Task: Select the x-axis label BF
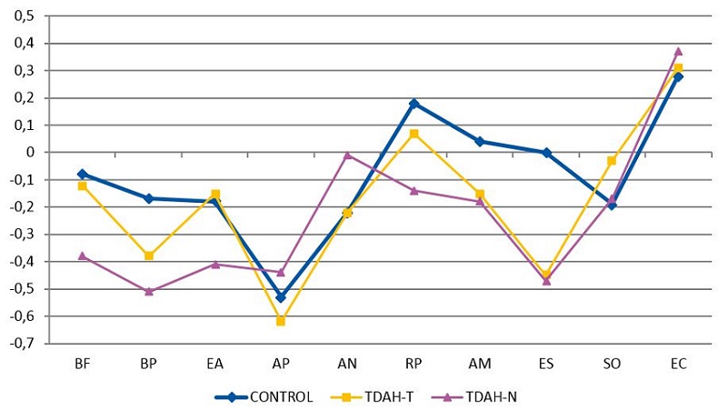point(83,364)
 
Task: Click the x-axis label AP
point(281,364)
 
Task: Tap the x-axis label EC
point(678,364)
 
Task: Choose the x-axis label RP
point(413,364)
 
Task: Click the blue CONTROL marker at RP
point(413,104)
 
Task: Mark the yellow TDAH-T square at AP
point(281,321)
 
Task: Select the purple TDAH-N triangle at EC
point(678,51)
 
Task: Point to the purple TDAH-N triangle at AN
point(347,155)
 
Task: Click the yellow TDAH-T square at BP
point(149,256)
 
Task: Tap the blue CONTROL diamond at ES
point(546,153)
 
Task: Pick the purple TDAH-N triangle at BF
point(83,256)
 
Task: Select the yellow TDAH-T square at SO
point(612,161)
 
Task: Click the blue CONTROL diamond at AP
point(281,297)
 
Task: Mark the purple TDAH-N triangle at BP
point(149,292)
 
